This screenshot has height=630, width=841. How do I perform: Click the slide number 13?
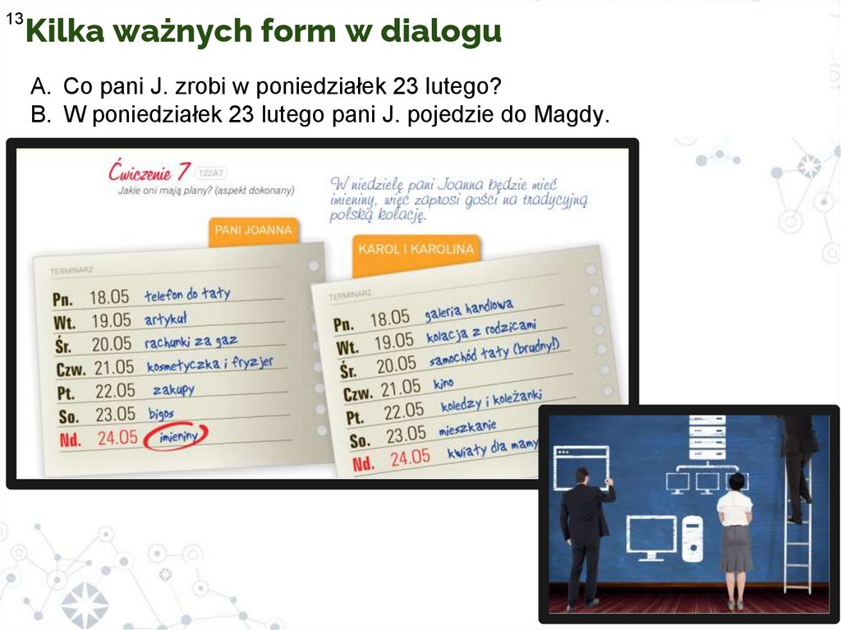click(15, 20)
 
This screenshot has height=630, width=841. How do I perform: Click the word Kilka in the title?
click(64, 30)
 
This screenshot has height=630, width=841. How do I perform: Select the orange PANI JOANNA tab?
click(253, 231)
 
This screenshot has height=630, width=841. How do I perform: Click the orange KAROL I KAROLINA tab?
click(416, 249)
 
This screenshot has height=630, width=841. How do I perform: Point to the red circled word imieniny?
click(176, 437)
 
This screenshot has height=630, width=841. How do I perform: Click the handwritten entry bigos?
click(161, 413)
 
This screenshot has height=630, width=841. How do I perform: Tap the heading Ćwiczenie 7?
click(149, 172)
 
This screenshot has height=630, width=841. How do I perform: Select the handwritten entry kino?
click(443, 383)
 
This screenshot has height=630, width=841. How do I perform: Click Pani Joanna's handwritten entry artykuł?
click(166, 319)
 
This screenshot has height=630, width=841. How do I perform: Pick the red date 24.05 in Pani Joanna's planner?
click(117, 437)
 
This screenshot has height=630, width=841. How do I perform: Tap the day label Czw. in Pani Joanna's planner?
click(71, 369)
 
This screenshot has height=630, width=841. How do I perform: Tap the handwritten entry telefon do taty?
click(187, 294)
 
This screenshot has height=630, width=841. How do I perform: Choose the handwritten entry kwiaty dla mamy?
click(493, 448)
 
